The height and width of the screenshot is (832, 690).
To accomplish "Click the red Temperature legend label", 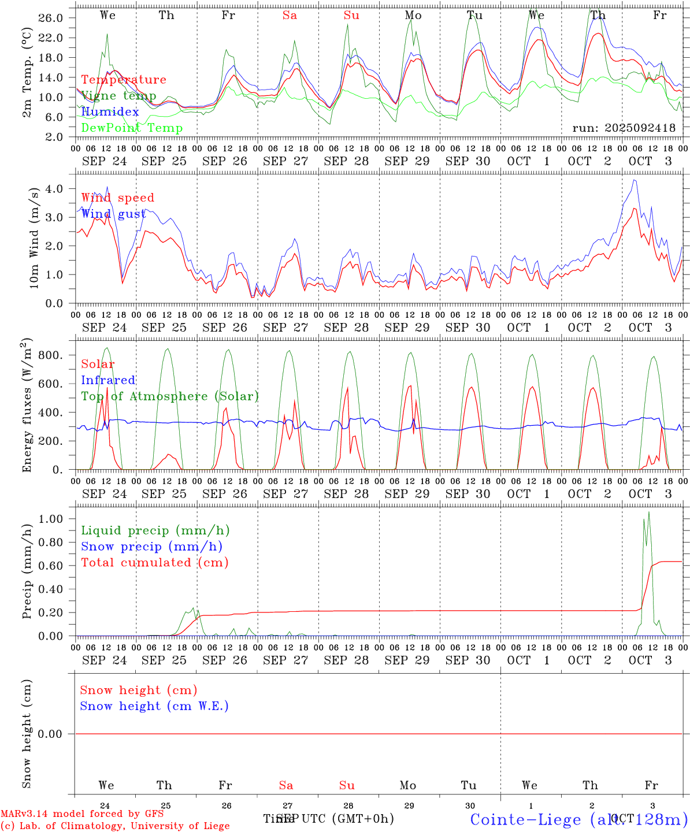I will click(123, 80).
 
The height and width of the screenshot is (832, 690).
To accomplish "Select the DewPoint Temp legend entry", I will click(132, 128).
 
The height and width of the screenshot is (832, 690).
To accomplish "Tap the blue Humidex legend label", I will click(110, 112).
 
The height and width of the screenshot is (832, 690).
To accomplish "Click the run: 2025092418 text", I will click(624, 128).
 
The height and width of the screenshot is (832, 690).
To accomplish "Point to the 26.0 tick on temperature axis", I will click(51, 18).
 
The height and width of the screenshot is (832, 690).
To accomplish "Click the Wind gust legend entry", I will click(113, 214).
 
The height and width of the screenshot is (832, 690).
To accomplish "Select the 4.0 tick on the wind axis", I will click(54, 188).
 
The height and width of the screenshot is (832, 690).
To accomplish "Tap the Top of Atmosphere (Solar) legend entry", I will click(169, 396).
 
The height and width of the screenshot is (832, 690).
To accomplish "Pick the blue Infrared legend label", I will click(108, 380).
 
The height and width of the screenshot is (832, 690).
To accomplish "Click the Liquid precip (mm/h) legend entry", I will click(155, 530).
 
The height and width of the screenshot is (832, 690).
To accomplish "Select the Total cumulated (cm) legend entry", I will click(154, 563).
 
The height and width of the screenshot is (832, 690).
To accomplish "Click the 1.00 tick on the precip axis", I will click(50, 519).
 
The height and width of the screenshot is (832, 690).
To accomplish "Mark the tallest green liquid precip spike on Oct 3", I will click(648, 512).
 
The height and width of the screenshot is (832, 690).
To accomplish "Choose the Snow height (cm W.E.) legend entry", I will click(154, 706).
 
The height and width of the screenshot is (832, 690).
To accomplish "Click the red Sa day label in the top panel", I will click(290, 16).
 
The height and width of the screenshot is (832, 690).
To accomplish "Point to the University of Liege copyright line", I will click(115, 826).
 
